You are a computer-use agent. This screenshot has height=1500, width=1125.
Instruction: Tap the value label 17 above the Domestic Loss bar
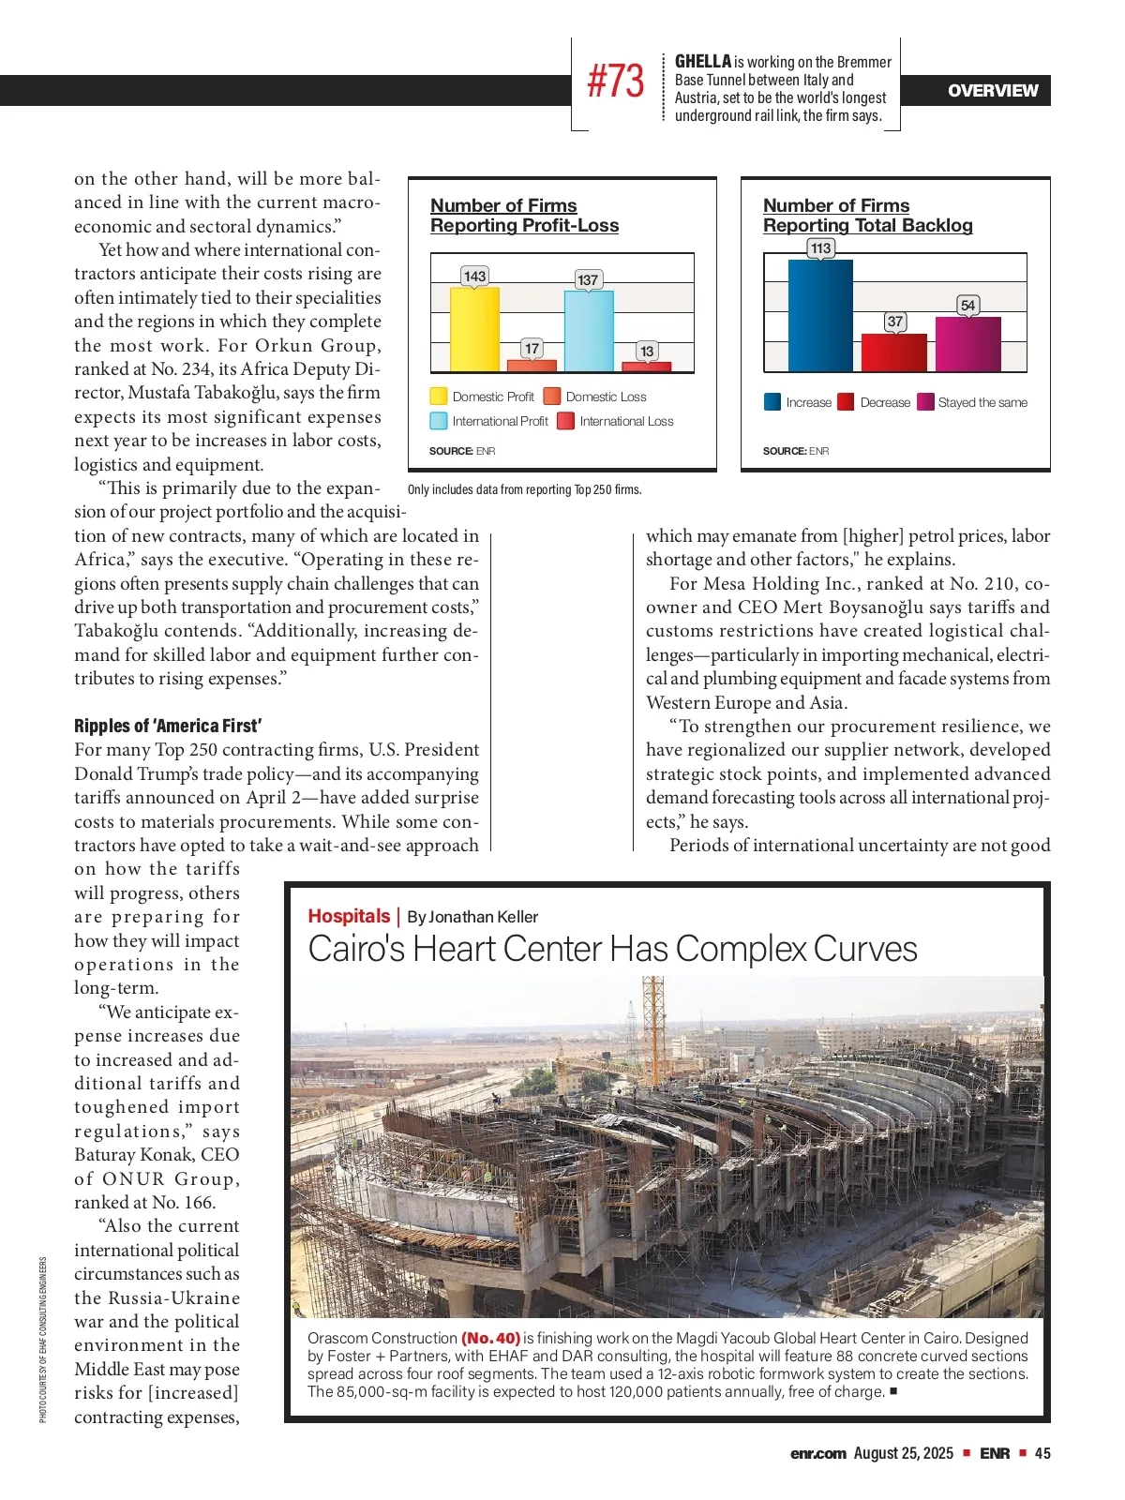(532, 349)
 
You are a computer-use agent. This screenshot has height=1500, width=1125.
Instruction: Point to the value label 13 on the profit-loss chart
(646, 351)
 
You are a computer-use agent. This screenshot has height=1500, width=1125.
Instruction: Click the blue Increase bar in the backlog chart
(820, 315)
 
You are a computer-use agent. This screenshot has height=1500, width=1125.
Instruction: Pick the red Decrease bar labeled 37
(894, 352)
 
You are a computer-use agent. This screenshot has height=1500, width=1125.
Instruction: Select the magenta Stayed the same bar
(967, 344)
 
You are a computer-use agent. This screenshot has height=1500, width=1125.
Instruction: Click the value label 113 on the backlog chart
(820, 248)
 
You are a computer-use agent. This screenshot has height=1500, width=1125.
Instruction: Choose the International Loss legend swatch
(565, 421)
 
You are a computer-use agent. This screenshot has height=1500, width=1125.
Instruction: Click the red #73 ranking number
(615, 82)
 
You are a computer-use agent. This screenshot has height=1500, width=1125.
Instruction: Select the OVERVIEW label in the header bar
(993, 91)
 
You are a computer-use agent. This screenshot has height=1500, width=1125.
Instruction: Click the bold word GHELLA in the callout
(703, 62)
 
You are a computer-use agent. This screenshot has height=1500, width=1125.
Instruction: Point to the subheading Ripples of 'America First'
(168, 726)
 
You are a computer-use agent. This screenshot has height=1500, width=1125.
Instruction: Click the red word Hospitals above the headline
(349, 916)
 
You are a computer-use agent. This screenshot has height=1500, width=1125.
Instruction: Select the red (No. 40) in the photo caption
(490, 1338)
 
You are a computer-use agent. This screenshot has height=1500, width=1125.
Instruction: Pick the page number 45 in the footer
(1042, 1453)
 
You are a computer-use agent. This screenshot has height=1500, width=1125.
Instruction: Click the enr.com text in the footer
(817, 1453)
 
